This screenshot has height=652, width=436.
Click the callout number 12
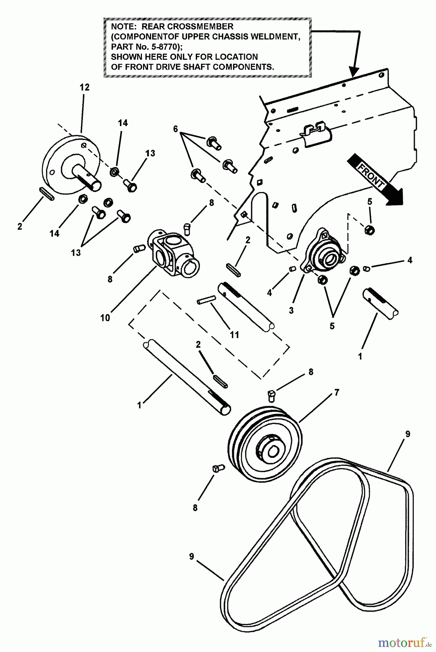pos(84,87)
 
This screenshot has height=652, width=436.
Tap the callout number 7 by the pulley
pos(336,392)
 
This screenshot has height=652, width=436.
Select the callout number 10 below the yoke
pos(105,318)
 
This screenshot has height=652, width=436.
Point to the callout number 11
pos(234,335)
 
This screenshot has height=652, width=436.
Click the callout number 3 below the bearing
pos(292,310)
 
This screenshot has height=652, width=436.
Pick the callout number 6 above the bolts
pos(176,129)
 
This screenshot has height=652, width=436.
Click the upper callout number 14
pos(123,123)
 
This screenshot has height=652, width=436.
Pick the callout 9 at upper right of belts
pos(408,434)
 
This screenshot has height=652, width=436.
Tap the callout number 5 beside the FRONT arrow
pos(370,202)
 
